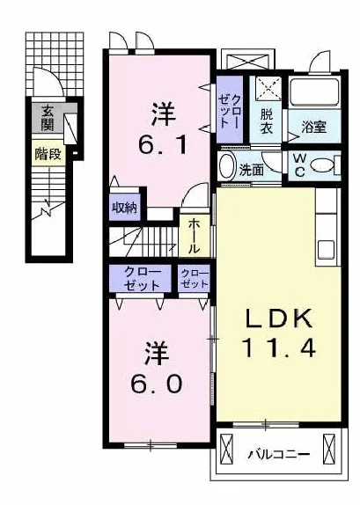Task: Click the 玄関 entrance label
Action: (x=48, y=118)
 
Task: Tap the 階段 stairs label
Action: (x=48, y=154)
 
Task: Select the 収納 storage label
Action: (x=124, y=208)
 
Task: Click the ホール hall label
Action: (x=194, y=236)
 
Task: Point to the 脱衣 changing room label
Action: (x=267, y=121)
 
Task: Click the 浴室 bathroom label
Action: (x=314, y=127)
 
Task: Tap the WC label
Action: (x=299, y=165)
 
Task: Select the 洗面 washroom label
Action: (x=252, y=171)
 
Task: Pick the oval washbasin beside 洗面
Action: (x=226, y=166)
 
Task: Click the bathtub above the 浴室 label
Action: (x=314, y=91)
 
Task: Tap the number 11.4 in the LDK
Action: (x=278, y=348)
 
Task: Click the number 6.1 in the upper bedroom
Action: (x=163, y=145)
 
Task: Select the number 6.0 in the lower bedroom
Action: (x=157, y=384)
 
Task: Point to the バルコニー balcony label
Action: (x=279, y=455)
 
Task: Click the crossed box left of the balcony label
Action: (x=226, y=449)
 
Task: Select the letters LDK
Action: (x=279, y=318)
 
